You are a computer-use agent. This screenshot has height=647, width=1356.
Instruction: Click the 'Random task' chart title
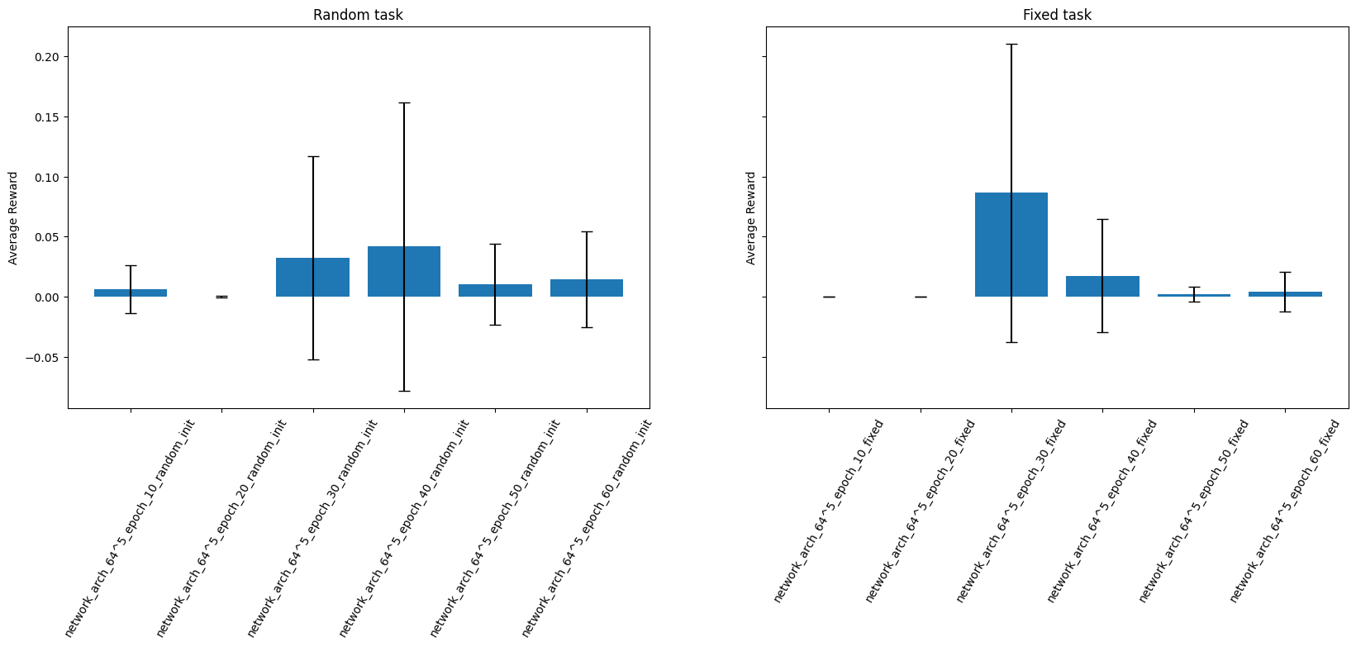click(358, 15)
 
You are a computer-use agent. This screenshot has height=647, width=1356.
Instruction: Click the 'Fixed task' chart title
click(1056, 15)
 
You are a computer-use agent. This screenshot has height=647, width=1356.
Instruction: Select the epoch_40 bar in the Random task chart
click(404, 272)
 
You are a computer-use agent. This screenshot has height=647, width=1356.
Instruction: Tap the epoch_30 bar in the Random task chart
click(312, 278)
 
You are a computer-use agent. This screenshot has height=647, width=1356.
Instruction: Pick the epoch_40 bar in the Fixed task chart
click(1102, 287)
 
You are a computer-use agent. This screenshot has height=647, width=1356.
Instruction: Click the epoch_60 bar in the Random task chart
click(587, 288)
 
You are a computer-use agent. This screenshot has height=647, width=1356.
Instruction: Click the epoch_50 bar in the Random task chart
click(495, 291)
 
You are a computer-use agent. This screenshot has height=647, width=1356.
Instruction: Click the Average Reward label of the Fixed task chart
click(751, 218)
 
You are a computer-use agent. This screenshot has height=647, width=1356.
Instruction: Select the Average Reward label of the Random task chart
click(13, 218)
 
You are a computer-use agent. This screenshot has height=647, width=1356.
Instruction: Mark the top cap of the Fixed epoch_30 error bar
click(1011, 44)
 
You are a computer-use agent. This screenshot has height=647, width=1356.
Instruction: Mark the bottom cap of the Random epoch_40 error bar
click(404, 391)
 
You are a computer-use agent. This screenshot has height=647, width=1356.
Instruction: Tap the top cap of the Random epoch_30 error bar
click(312, 156)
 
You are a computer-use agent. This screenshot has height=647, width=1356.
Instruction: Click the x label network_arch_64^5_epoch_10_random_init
click(130, 529)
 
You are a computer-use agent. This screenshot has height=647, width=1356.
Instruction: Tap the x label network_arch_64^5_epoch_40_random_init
click(404, 529)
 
